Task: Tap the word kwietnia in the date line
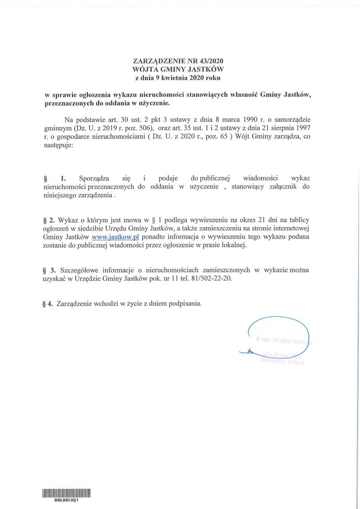175,78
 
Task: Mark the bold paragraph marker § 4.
48,303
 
